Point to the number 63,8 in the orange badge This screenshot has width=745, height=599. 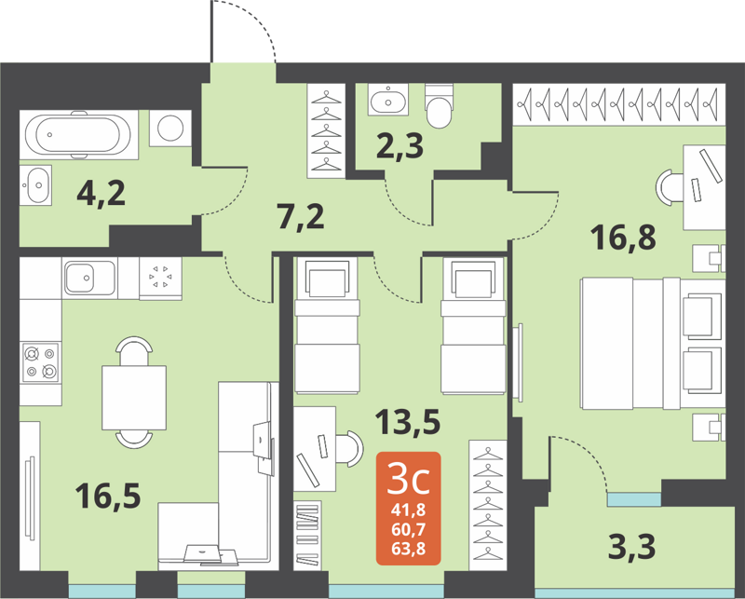pyautogui.click(x=409, y=547)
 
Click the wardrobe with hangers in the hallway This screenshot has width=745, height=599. pyautogui.click(x=327, y=131)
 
